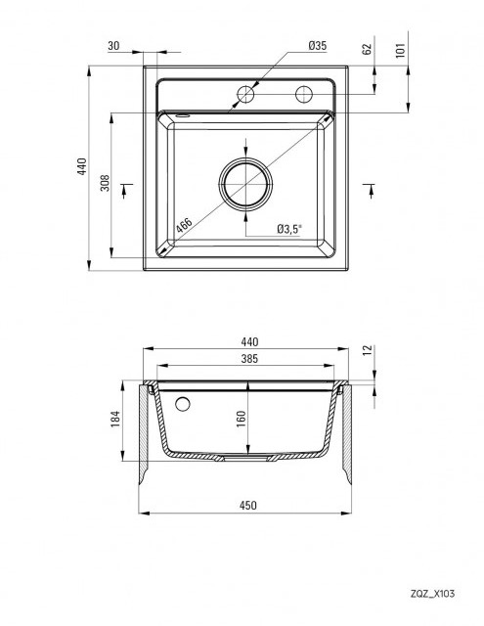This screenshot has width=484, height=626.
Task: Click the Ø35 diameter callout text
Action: pos(317,46)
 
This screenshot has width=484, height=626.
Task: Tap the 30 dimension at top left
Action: pos(113,46)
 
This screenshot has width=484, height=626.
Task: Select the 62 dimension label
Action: pos(367,49)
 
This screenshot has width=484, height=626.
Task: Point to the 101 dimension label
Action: pos(401,50)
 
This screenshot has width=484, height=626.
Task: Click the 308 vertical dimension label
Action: pos(105,183)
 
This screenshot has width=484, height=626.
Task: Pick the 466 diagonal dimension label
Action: pos(185,226)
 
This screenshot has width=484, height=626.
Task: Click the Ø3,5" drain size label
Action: pos(289,229)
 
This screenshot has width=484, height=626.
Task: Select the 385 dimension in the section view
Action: pos(249,359)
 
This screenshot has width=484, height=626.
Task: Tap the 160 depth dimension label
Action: pos(242,420)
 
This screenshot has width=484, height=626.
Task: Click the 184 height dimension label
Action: pos(115,420)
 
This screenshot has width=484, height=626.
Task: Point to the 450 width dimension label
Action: pos(247,506)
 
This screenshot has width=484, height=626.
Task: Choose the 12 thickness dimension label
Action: pos(368,350)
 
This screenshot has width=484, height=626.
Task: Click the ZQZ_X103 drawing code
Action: pos(432,594)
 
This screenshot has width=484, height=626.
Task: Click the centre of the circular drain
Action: pos(245,184)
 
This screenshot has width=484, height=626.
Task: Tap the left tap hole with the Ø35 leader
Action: pos(245,94)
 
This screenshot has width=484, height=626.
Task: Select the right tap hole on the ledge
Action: pos(304,94)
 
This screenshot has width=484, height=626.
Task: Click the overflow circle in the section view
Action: pos(183,404)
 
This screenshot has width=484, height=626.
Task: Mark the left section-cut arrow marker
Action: pos(125,191)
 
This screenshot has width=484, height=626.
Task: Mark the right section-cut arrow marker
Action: pos(370,191)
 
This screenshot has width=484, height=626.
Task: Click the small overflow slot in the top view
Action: pos(183,115)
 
